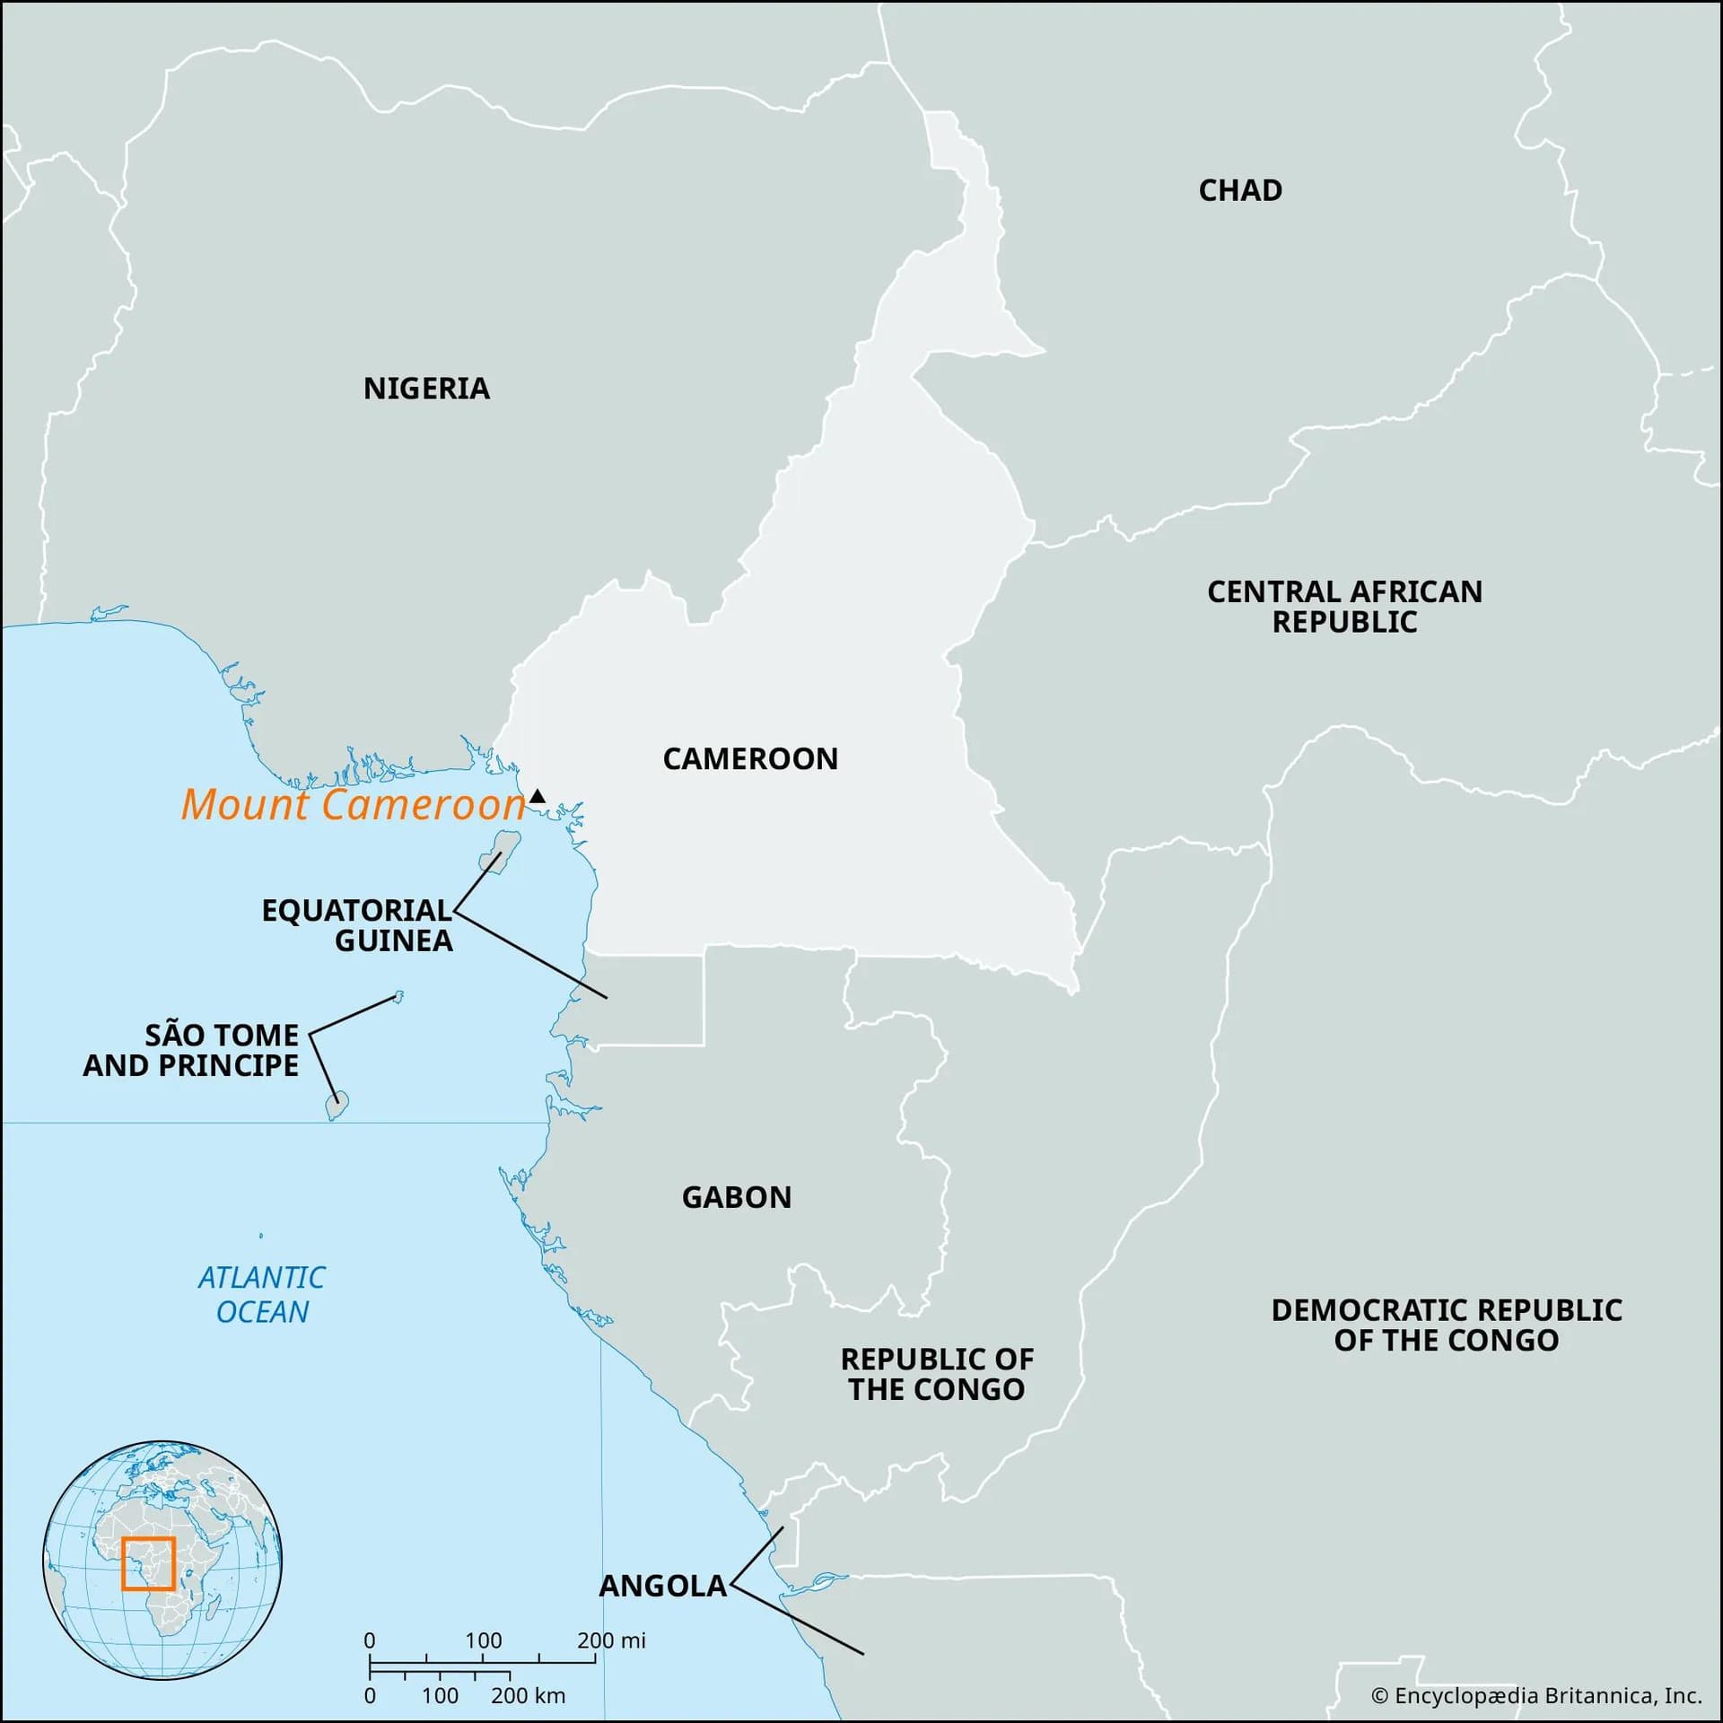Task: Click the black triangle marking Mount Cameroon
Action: [x=537, y=796]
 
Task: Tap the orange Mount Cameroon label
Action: [x=353, y=804]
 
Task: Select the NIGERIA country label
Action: [x=426, y=389]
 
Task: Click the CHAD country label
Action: [x=1240, y=190]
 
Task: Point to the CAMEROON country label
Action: [x=750, y=759]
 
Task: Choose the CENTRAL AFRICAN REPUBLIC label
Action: [x=1344, y=607]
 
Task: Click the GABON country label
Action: [x=737, y=1197]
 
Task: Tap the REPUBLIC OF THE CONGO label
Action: [x=937, y=1374]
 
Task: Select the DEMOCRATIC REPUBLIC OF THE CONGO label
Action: [x=1447, y=1325]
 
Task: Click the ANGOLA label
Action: [x=662, y=1586]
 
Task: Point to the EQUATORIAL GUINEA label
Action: [x=357, y=925]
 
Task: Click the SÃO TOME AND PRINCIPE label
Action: [x=191, y=1050]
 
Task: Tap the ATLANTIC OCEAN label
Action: [x=262, y=1294]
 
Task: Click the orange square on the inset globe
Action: [x=148, y=1564]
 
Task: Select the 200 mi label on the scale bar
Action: [x=611, y=1640]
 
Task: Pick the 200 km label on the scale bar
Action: [x=528, y=1695]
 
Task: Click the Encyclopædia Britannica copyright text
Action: [x=1536, y=1695]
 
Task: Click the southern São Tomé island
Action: [x=337, y=1106]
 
